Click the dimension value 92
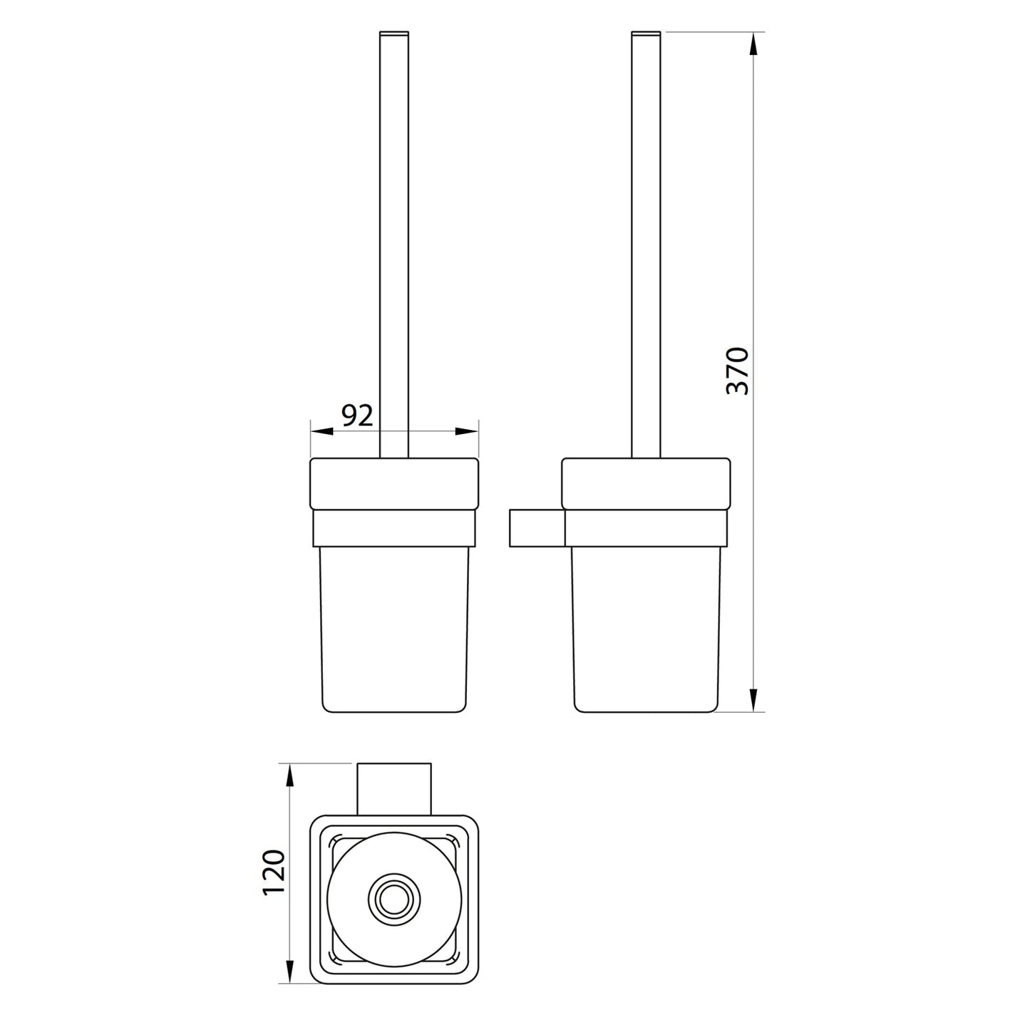click(x=357, y=415)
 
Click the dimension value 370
click(x=737, y=371)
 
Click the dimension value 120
click(x=274, y=872)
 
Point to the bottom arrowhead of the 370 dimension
click(x=754, y=698)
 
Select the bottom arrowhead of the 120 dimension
click(x=289, y=970)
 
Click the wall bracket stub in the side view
click(x=536, y=528)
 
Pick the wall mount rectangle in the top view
click(x=393, y=788)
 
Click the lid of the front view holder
click(x=393, y=483)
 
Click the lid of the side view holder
click(x=645, y=483)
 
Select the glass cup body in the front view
click(x=393, y=627)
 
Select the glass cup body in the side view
click(x=645, y=627)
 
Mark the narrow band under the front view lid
click(x=393, y=527)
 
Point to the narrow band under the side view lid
click(x=645, y=527)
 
